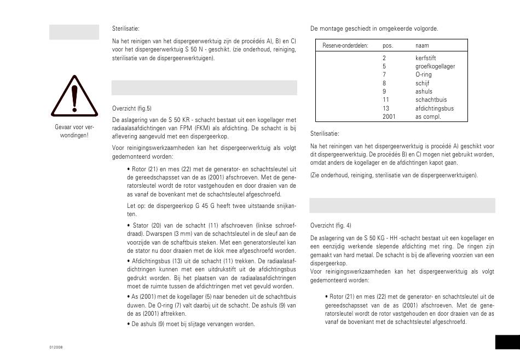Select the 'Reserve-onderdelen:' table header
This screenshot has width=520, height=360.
pyautogui.click(x=345, y=45)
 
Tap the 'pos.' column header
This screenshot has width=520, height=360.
pyautogui.click(x=388, y=45)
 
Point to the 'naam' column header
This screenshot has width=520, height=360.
pyautogui.click(x=421, y=45)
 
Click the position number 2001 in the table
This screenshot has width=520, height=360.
pyautogui.click(x=389, y=117)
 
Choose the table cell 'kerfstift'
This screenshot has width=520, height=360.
pyautogui.click(x=425, y=57)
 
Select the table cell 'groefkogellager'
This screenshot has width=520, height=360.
pyautogui.click(x=435, y=66)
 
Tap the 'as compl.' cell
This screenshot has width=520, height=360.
pyautogui.click(x=427, y=117)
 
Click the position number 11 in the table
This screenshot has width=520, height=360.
pyautogui.click(x=385, y=100)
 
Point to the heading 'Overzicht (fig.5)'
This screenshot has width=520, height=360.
pyautogui.click(x=131, y=108)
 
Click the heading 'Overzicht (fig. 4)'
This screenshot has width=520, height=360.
pyautogui.click(x=331, y=225)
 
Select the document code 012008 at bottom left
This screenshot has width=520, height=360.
pyautogui.click(x=56, y=347)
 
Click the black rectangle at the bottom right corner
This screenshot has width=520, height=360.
pyautogui.click(x=507, y=342)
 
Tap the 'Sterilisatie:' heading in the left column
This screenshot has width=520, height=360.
pyautogui.click(x=126, y=27)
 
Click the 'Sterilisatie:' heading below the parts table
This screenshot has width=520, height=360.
pyautogui.click(x=325, y=133)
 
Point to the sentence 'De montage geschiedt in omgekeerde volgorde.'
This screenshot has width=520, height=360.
pyautogui.click(x=374, y=28)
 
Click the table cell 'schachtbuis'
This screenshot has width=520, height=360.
pyautogui.click(x=430, y=100)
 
